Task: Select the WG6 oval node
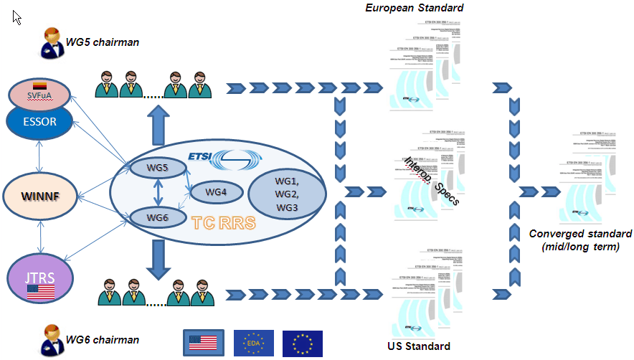(157, 216)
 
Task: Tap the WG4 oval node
(215, 192)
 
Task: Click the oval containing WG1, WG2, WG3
(286, 192)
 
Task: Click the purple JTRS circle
(41, 277)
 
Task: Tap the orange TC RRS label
(223, 222)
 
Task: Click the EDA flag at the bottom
(253, 343)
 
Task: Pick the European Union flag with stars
(302, 343)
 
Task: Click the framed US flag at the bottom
(203, 343)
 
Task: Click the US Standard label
(414, 346)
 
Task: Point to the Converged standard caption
(579, 240)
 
